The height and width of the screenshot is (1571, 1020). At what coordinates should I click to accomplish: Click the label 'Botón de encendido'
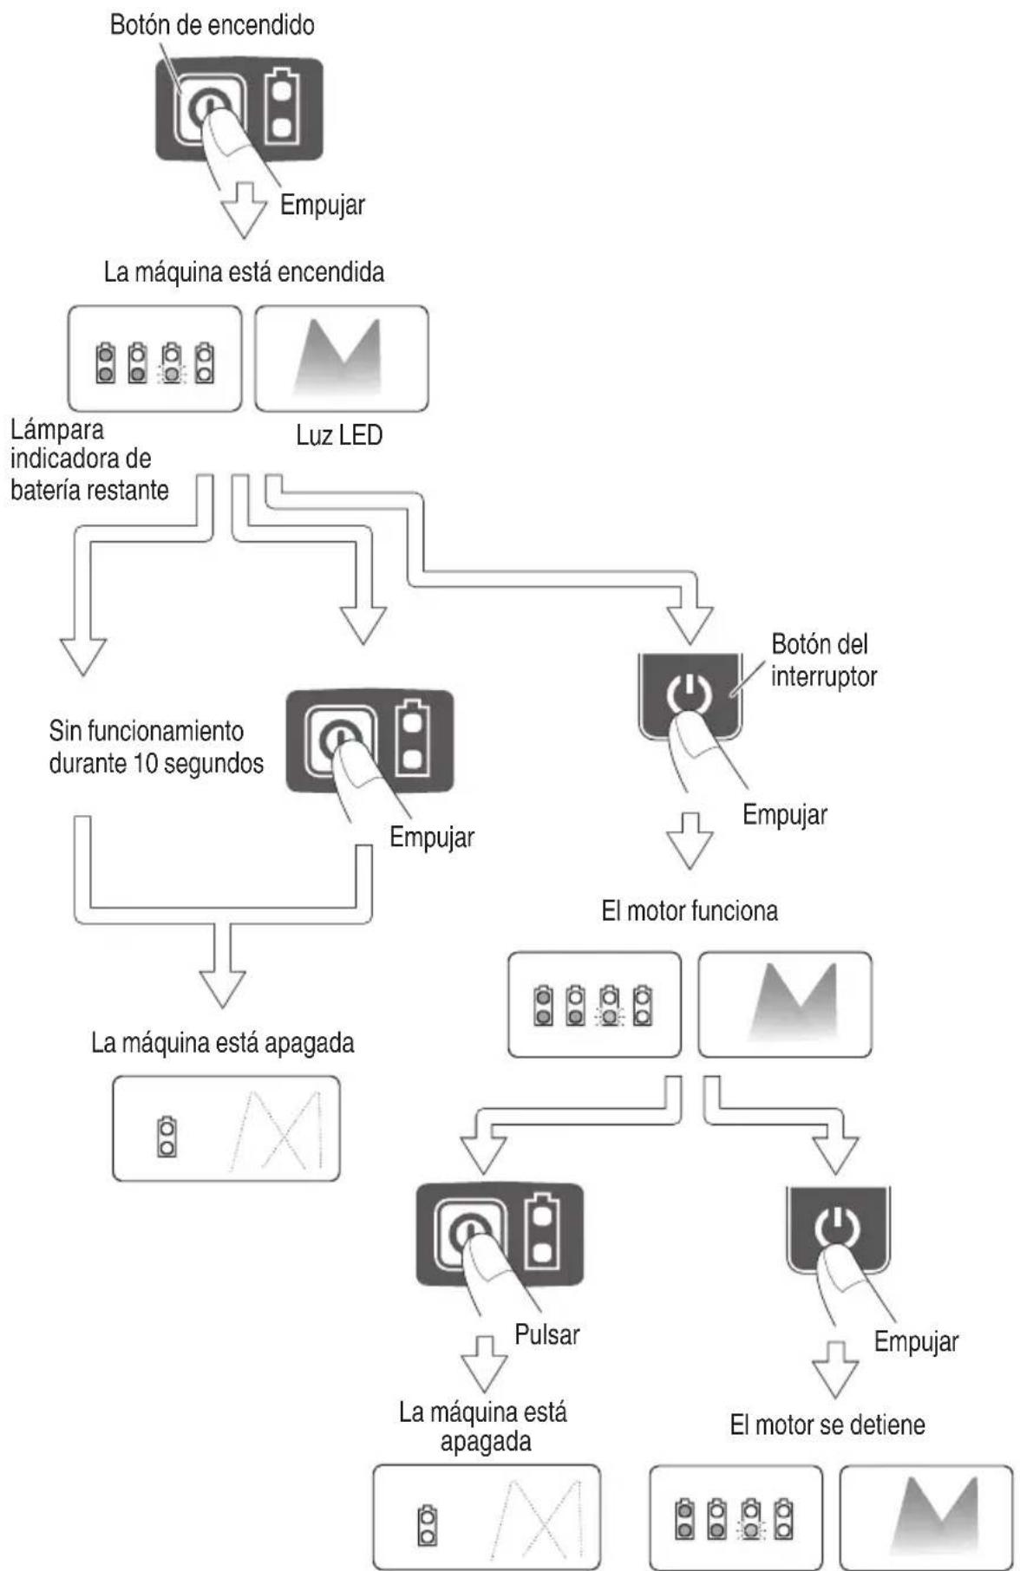pos(212,26)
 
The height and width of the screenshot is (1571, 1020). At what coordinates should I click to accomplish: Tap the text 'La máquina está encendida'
pos(244,272)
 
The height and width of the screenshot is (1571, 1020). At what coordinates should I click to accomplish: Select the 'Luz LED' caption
pos(339,434)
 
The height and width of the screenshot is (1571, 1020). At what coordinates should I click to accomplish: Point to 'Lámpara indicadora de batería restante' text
pos(89,460)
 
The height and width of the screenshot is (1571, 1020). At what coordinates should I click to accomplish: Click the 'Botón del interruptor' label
pos(823,660)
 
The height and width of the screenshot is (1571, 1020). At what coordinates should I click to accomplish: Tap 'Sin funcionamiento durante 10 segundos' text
pos(156,746)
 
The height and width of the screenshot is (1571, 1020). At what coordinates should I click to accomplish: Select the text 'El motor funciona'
pos(690,911)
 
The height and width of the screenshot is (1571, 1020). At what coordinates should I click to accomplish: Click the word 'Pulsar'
pos(547,1333)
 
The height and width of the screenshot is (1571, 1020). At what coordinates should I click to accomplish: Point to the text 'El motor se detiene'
pos(827,1424)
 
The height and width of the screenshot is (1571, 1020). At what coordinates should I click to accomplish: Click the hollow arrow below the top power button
pos(244,210)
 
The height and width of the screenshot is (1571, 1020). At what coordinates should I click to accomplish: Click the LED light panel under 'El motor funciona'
pos(785,1005)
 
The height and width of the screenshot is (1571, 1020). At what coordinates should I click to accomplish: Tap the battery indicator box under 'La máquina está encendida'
pos(155,358)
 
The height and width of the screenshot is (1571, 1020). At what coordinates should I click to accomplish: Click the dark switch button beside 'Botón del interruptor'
pos(690,696)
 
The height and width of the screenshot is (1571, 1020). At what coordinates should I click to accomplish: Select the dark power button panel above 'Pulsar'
pos(500,1234)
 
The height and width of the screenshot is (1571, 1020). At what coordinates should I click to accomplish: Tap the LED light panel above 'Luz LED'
pos(342,358)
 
